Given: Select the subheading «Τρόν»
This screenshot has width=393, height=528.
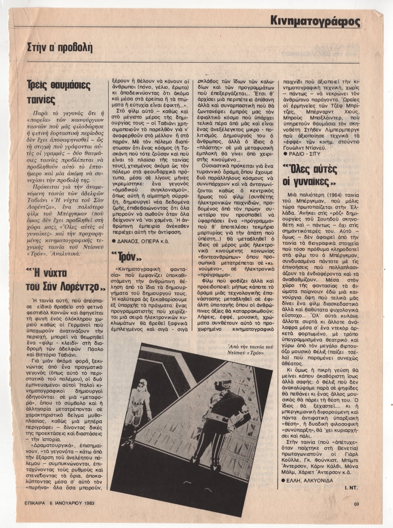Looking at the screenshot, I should click(x=128, y=256).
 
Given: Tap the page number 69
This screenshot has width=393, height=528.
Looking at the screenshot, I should click(x=357, y=504).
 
